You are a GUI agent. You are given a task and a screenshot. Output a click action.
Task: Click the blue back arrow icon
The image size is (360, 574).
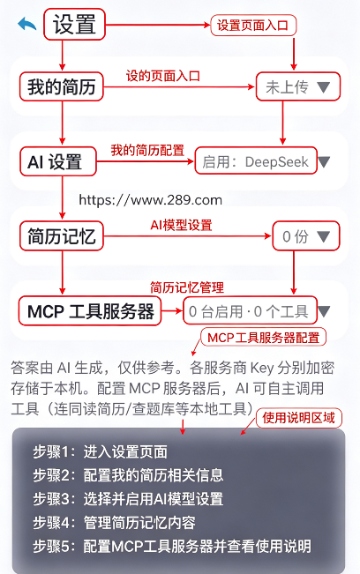pyautogui.click(x=27, y=24)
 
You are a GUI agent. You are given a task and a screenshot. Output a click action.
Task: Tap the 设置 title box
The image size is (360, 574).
pyautogui.click(x=74, y=25)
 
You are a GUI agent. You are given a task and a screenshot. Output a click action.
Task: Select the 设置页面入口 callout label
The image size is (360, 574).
pyautogui.click(x=253, y=26)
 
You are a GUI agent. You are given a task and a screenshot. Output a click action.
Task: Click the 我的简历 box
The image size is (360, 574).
pyautogui.click(x=62, y=86)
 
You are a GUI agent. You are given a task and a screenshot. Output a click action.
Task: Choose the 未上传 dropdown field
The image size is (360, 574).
pyautogui.click(x=298, y=86)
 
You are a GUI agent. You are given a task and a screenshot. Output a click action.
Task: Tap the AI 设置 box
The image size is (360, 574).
pyautogui.click(x=58, y=161)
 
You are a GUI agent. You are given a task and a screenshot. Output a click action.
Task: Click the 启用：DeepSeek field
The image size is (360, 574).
pyautogui.click(x=256, y=161)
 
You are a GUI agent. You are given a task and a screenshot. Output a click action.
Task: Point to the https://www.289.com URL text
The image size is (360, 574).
pyautogui.click(x=151, y=200)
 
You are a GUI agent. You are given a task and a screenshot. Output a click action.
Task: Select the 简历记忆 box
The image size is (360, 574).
pyautogui.click(x=62, y=236)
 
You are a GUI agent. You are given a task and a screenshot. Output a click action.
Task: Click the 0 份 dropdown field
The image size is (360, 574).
pyautogui.click(x=306, y=236)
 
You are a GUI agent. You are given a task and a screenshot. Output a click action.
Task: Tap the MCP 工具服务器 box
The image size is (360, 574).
pyautogui.click(x=90, y=310)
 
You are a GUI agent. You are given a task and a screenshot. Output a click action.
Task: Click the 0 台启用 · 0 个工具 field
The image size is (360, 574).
pyautogui.click(x=250, y=310)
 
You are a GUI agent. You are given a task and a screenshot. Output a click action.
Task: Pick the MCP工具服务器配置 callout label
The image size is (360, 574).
pyautogui.click(x=263, y=338)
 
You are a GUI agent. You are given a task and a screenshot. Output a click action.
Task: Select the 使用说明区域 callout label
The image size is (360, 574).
pyautogui.click(x=299, y=418)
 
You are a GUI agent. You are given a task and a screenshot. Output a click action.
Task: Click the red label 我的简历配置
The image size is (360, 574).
pyautogui.click(x=147, y=150)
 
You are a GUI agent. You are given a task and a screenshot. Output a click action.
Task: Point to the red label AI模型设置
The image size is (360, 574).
pyautogui.click(x=181, y=225)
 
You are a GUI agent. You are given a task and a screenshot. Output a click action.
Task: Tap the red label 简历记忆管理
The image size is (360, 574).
pyautogui.click(x=187, y=287)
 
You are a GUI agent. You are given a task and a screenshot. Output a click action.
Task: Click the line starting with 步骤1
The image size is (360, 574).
pyautogui.click(x=100, y=451)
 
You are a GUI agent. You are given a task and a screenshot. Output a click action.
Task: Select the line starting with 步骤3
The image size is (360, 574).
pyautogui.click(x=128, y=499)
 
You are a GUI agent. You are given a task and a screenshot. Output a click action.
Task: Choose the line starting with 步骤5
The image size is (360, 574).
pyautogui.click(x=172, y=546)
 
